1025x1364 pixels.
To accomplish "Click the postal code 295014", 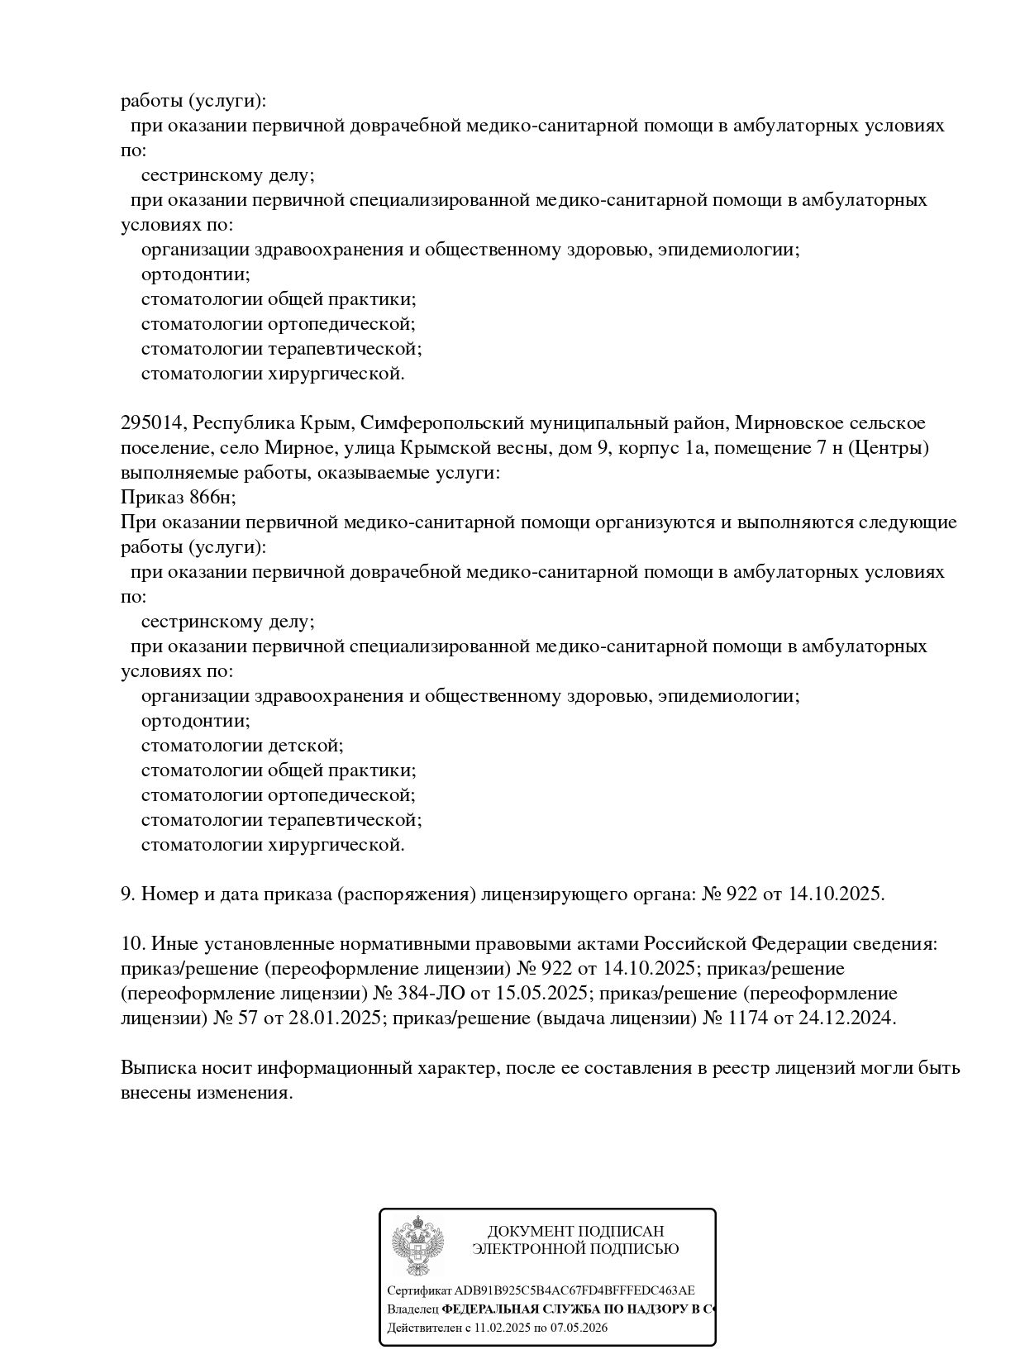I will (152, 423).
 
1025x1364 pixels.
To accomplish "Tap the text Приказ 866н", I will (178, 498).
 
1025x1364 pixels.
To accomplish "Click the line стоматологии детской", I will (241, 746).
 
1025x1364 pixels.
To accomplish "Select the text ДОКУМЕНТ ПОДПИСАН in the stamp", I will (575, 1232).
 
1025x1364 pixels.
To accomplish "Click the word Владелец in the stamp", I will (412, 1309).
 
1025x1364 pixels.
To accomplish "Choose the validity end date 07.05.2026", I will (578, 1328).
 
